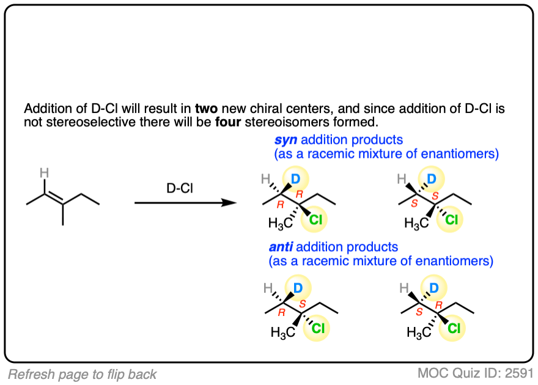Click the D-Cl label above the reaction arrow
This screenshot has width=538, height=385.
pyautogui.click(x=180, y=188)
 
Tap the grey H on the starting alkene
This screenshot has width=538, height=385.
pyautogui.click(x=44, y=174)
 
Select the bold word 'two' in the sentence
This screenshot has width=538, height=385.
pyautogui.click(x=205, y=109)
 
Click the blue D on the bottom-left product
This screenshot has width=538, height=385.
pyautogui.click(x=297, y=287)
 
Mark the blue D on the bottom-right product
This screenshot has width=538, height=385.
pyautogui.click(x=433, y=287)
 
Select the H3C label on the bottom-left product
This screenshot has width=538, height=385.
pyautogui.click(x=282, y=333)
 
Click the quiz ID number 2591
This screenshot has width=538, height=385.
pyautogui.click(x=518, y=373)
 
